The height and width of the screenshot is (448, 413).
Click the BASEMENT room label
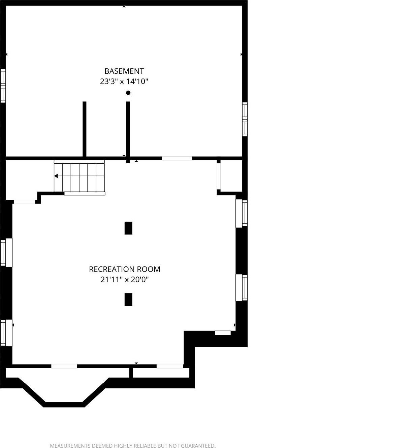click(x=124, y=71)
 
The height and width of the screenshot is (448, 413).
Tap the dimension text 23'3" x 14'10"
click(x=124, y=82)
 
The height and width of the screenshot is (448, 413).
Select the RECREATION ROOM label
click(x=124, y=269)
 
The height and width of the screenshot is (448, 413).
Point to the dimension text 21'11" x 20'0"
click(x=124, y=280)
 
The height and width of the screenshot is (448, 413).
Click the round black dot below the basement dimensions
click(x=128, y=93)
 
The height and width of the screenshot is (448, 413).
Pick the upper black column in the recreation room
click(x=128, y=228)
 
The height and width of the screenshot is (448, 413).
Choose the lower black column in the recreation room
click(x=128, y=299)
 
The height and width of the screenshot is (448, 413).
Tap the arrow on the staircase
click(x=56, y=176)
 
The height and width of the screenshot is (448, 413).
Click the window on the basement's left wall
click(x=3, y=86)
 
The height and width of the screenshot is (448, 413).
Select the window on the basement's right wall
click(x=245, y=119)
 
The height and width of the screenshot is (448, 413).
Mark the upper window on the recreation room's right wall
click(x=242, y=213)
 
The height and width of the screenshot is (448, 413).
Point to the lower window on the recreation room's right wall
click(x=242, y=287)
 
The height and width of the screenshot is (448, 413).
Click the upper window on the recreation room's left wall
click(x=6, y=253)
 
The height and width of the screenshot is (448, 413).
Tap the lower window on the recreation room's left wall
click(x=6, y=333)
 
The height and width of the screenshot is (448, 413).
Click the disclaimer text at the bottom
click(x=133, y=446)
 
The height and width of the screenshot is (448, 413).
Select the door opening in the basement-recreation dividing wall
click(x=177, y=158)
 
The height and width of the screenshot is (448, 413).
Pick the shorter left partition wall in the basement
click(x=85, y=129)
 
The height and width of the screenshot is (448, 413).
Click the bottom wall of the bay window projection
click(x=64, y=404)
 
